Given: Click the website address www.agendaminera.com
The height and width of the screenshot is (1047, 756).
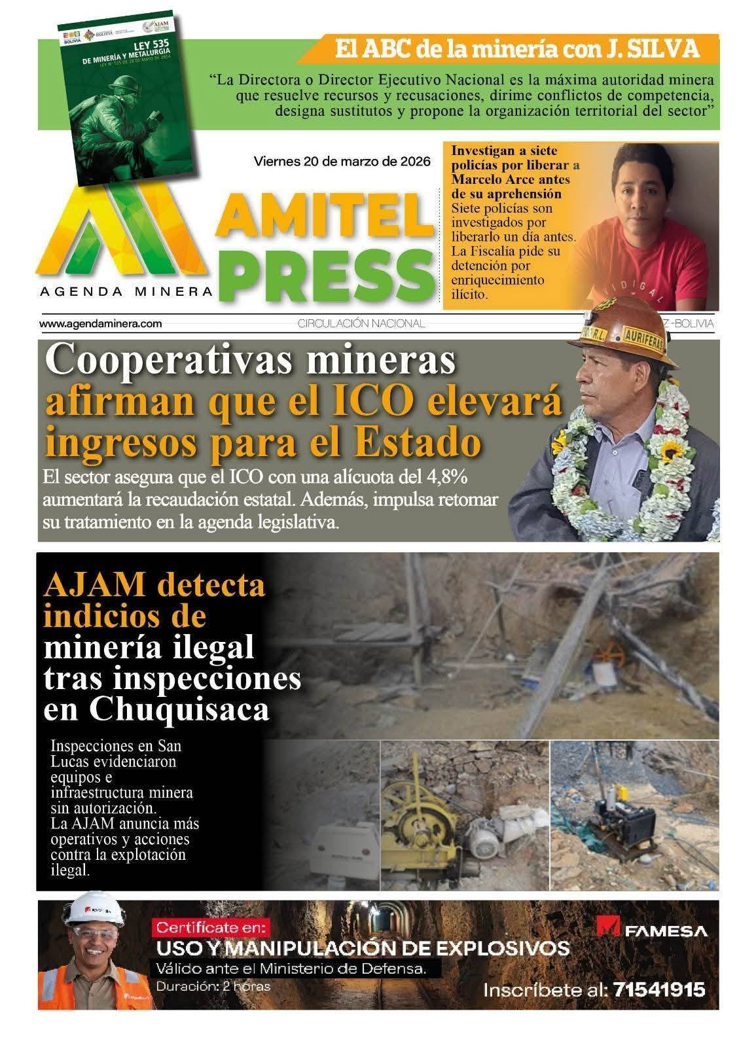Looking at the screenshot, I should click(100, 323).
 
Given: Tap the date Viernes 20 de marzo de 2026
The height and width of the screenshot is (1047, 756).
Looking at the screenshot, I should click(342, 161).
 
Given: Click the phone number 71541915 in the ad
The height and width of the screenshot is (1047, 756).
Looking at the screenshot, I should click(659, 989).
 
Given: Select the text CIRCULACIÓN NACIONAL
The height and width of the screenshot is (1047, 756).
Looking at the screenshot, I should click(361, 323).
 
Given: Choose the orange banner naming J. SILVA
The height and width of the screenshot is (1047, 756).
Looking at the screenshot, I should click(516, 49).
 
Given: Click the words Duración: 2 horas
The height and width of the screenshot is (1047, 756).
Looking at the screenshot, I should click(213, 986).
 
